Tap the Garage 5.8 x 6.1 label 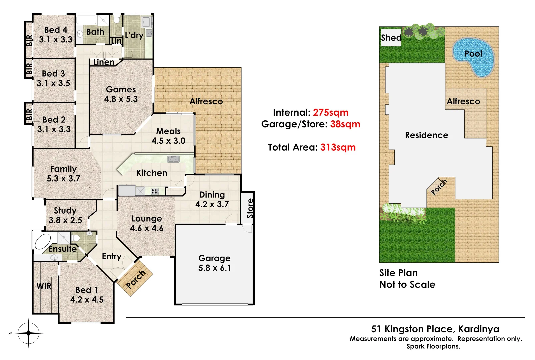pos(214,263)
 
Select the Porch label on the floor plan pos(136,279)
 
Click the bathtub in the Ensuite pos(43,241)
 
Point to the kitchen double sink pos(173,159)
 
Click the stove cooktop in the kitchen pos(155,191)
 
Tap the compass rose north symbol pos(28,333)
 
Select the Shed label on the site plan pos(391,38)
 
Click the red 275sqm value pos(330,113)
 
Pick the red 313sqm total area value pos(338,147)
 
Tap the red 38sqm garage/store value pos(345,124)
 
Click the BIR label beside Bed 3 pos(29,69)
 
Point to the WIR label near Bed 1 pos(44,286)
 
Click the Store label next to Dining pos(250,208)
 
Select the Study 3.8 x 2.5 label pos(65,215)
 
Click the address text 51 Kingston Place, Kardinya pos(435,329)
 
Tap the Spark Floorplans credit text pos(433,346)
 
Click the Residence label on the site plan pos(426,135)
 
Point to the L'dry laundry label pos(134,35)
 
